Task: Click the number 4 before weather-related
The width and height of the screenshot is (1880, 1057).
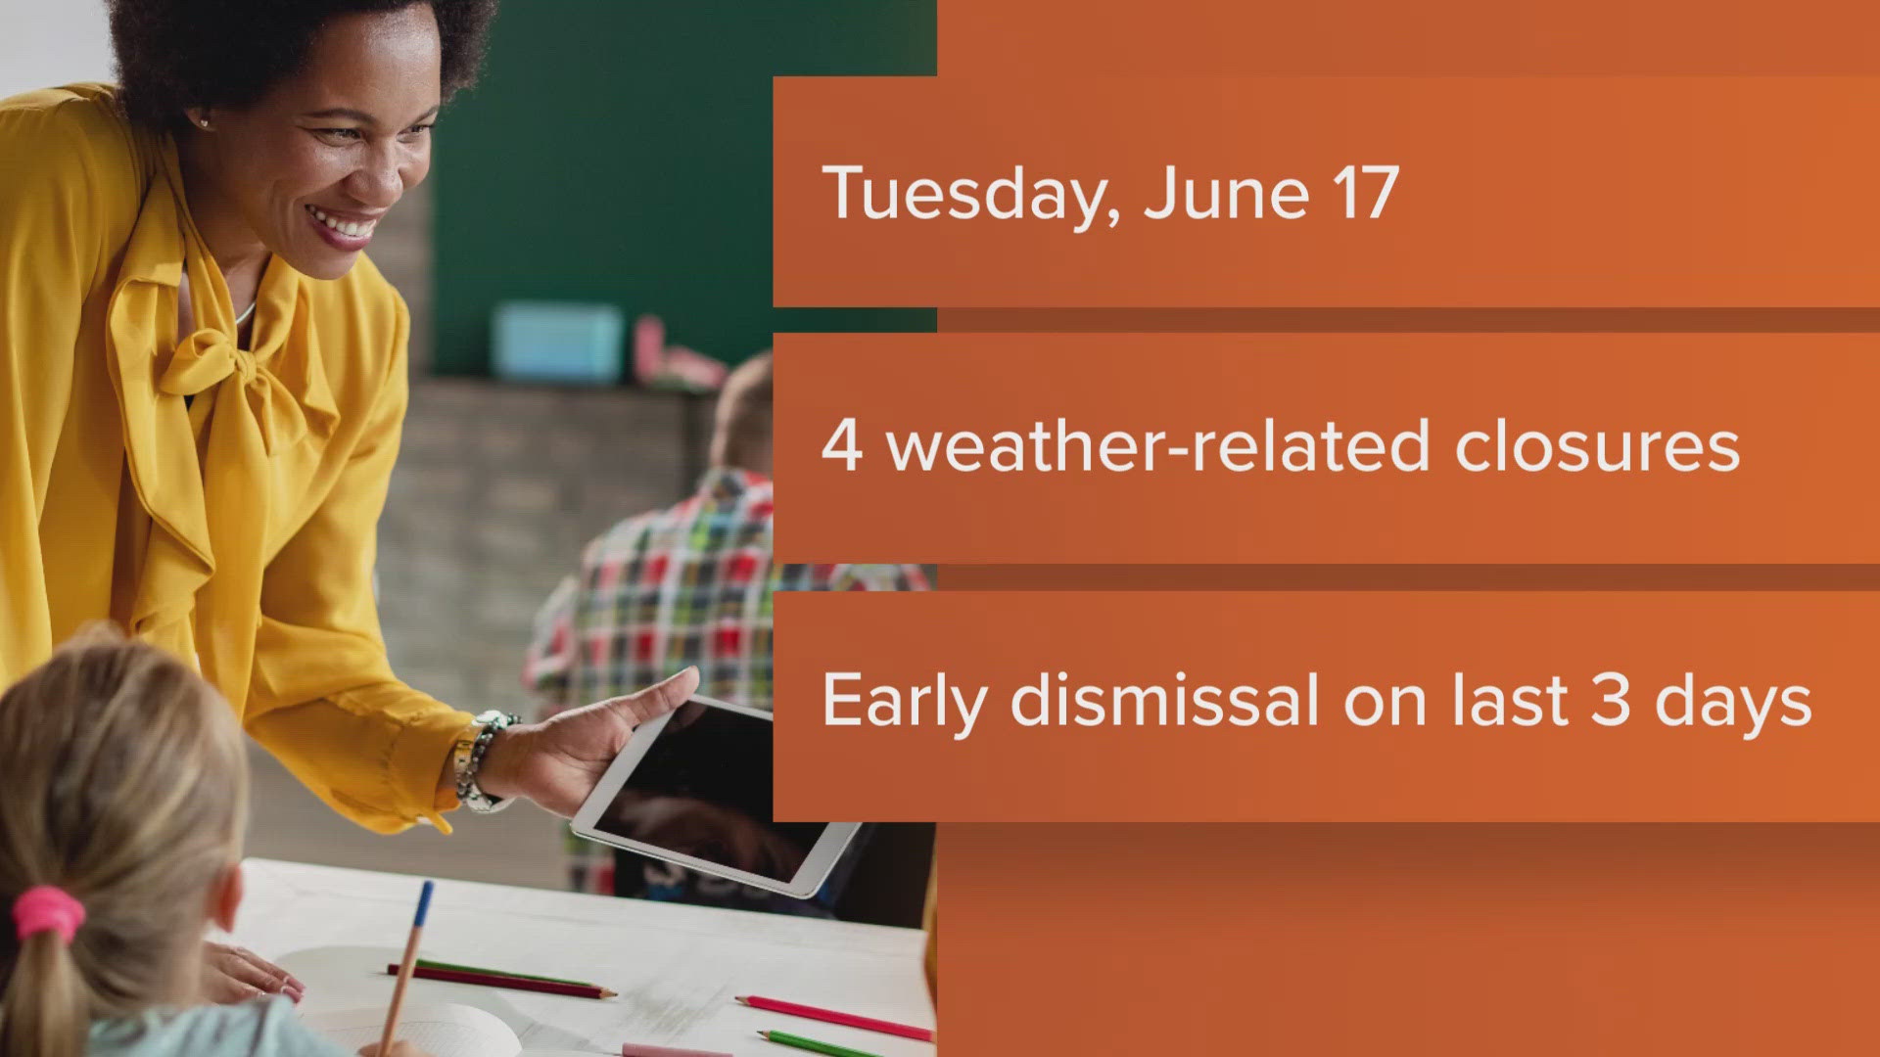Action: click(841, 445)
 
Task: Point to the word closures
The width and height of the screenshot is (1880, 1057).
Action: click(1596, 446)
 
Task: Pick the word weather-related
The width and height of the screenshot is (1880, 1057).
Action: click(1158, 446)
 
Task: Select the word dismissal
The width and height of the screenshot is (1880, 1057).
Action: click(1165, 701)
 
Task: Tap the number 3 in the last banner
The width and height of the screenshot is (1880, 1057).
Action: click(1611, 701)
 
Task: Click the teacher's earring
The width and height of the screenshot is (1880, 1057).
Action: click(204, 122)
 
